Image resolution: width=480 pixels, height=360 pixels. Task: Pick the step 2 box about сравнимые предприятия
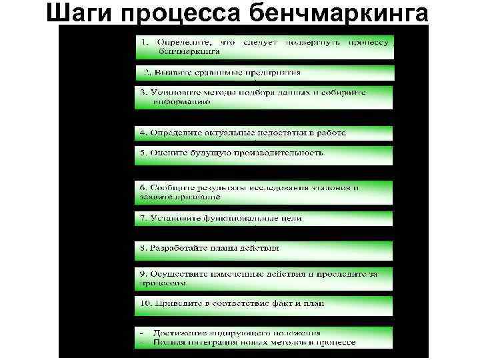264,73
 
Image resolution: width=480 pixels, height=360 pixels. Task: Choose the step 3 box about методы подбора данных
264,97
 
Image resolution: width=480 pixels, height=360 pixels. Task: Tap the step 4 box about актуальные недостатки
264,133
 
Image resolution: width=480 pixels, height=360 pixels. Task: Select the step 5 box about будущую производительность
264,153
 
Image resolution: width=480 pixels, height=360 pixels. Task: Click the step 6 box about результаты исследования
264,191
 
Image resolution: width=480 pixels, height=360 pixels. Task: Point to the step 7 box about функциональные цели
264,218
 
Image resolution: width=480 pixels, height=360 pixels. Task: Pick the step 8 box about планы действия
264,249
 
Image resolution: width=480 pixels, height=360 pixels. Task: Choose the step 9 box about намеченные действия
264,278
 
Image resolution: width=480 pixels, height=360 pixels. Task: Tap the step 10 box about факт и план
264,305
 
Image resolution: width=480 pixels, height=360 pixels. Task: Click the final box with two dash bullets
264,337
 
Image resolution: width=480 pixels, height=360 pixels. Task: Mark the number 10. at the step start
146,303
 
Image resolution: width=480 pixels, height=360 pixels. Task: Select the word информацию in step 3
181,103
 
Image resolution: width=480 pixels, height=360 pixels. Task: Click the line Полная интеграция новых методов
253,343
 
